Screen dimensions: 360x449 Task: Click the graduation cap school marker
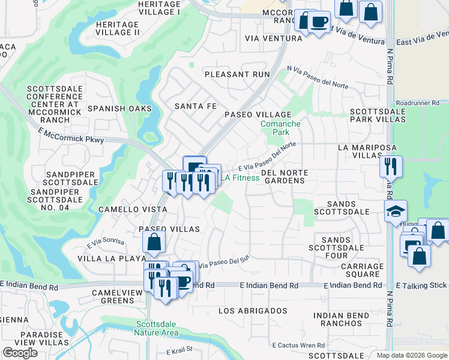396,211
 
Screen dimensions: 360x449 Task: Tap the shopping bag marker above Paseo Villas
154,242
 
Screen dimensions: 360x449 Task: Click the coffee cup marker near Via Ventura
319,23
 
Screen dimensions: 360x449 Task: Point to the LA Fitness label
240,178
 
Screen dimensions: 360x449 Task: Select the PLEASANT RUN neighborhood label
237,74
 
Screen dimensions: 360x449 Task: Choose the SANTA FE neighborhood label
194,106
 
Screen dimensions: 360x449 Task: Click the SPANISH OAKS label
115,109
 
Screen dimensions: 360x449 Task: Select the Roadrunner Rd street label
421,103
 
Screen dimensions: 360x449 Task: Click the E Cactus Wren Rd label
298,345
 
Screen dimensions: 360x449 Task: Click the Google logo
20,353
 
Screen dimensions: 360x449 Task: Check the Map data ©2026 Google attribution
411,355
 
